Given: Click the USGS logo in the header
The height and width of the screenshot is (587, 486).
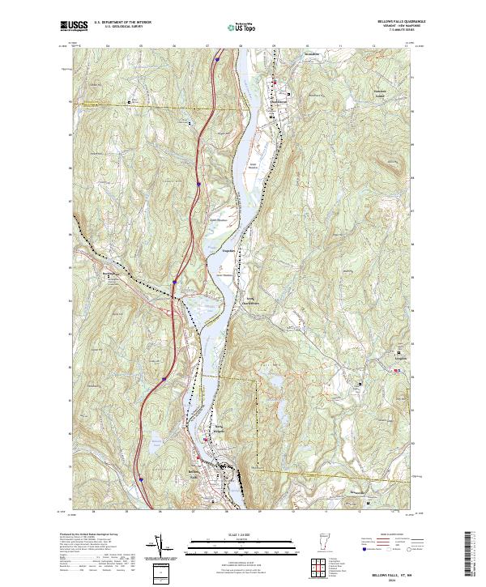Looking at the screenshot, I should coord(73,26).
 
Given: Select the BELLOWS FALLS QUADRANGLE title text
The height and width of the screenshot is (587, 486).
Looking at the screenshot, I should coord(397,22).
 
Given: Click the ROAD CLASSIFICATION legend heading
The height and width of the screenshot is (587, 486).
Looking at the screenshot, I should coord(385,534).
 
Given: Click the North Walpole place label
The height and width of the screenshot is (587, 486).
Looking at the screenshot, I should coord(218,430).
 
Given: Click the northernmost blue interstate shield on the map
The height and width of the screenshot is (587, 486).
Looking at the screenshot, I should coord(218,59).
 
